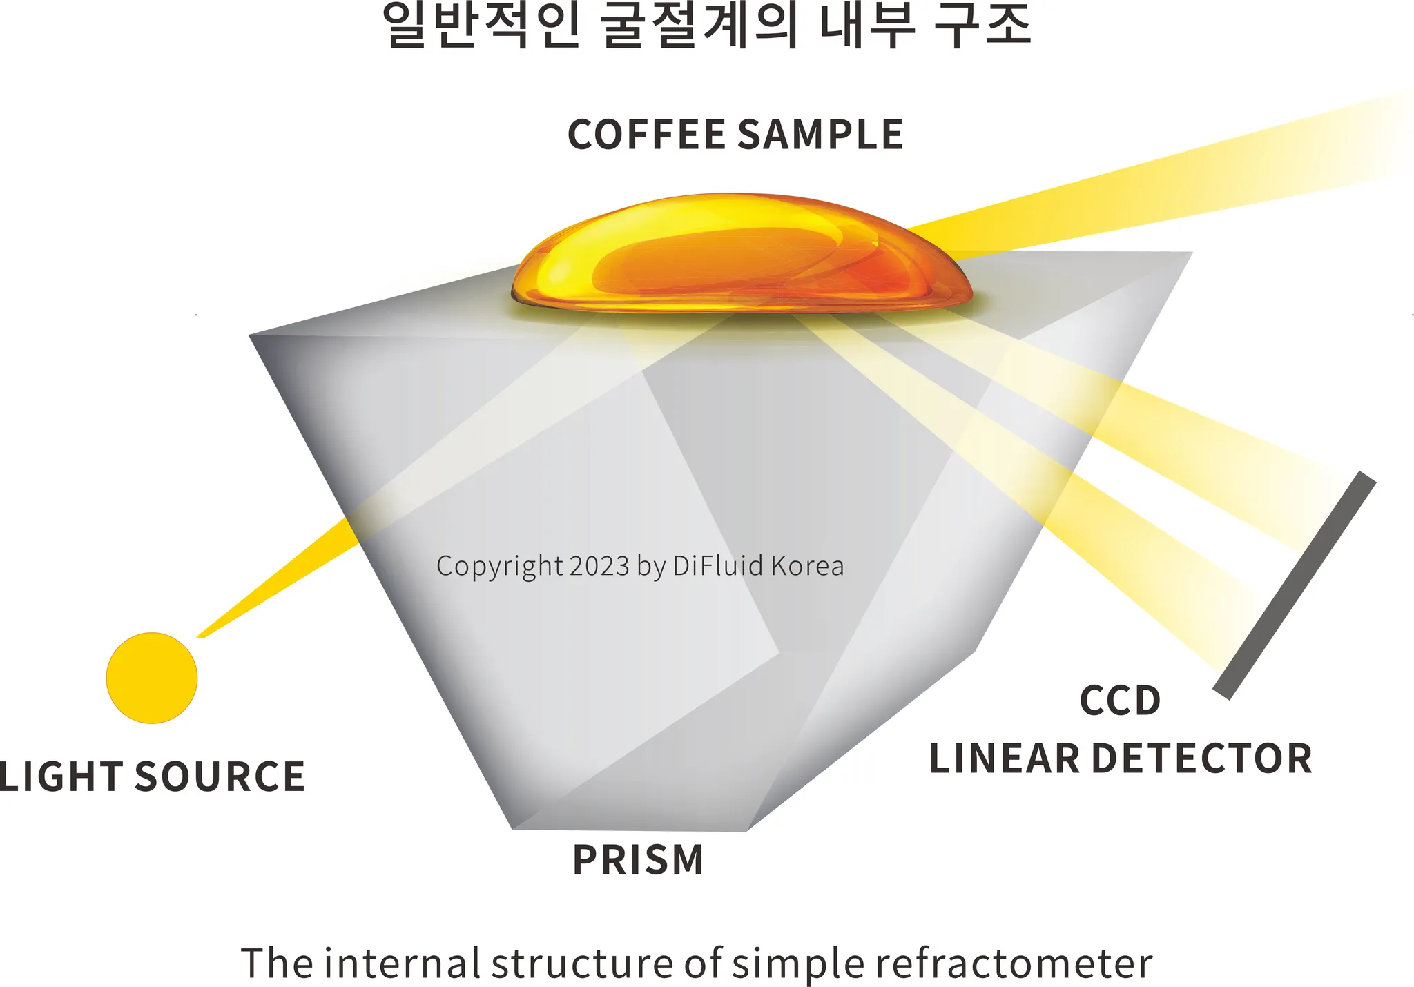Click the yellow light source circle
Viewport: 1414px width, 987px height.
click(x=152, y=678)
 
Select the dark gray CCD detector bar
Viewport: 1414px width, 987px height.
click(x=1295, y=585)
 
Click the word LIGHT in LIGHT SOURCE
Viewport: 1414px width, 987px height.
click(x=61, y=776)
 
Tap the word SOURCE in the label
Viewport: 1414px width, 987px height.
click(x=220, y=776)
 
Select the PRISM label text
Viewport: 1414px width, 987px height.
click(x=638, y=860)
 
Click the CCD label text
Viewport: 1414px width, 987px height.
click(x=1120, y=701)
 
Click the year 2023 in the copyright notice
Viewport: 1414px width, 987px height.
click(x=600, y=566)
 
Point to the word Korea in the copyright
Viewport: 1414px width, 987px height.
click(x=807, y=566)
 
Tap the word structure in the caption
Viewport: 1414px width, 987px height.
click(x=582, y=964)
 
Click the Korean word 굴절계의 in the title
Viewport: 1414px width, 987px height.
click(x=699, y=26)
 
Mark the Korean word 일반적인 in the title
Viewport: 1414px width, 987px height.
click(x=481, y=26)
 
